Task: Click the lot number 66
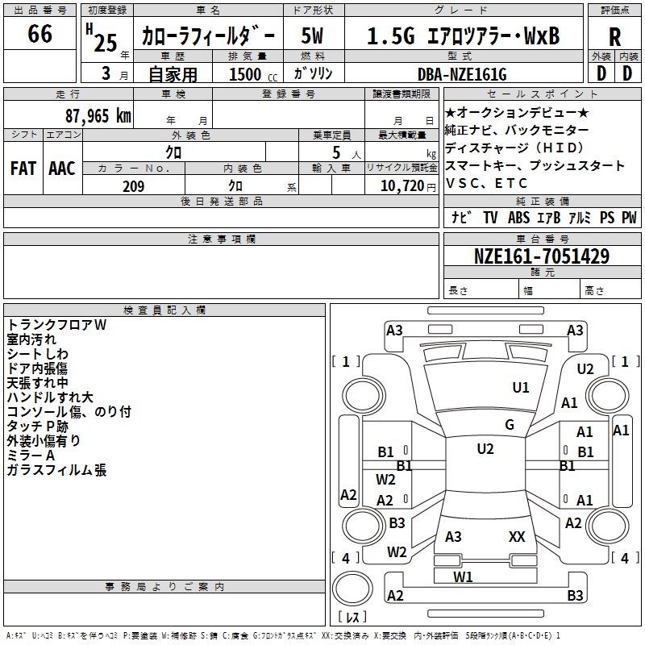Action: click(40, 35)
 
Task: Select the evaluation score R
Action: click(614, 37)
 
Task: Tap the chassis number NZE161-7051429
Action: click(542, 257)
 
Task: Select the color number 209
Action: click(133, 186)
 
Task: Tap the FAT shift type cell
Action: click(23, 169)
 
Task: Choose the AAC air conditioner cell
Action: click(62, 169)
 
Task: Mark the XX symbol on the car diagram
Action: click(517, 536)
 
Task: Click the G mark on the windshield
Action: click(510, 425)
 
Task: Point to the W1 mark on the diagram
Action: click(463, 576)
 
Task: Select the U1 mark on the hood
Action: click(522, 388)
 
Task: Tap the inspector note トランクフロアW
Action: click(56, 325)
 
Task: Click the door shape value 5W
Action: click(314, 36)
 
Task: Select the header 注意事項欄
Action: click(221, 239)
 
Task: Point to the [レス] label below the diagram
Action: click(352, 618)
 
